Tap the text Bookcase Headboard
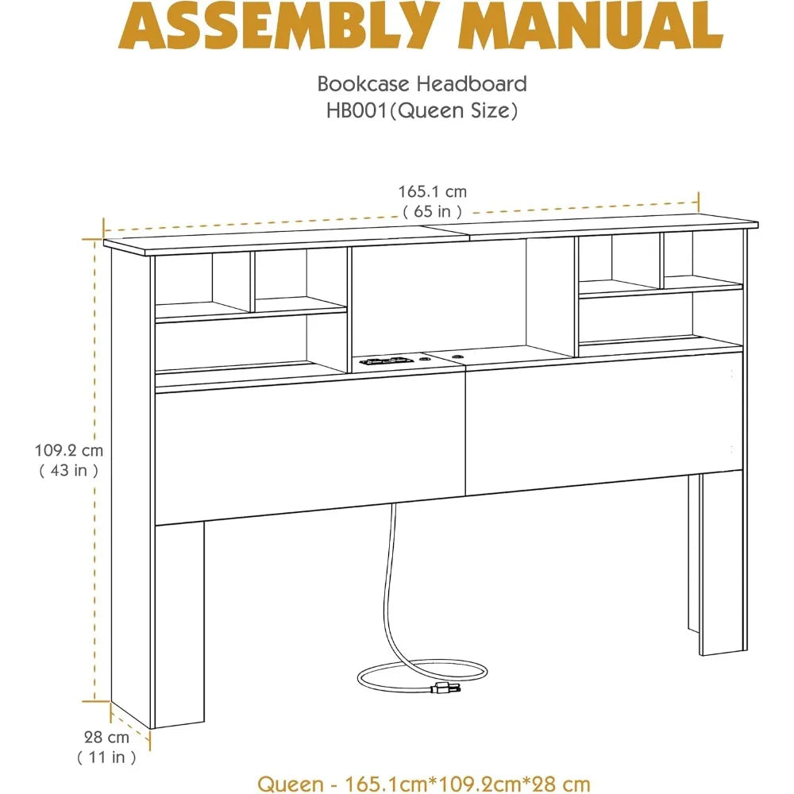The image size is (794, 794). coord(422,84)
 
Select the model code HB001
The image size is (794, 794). coord(357,110)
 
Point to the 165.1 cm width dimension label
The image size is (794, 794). coord(433,192)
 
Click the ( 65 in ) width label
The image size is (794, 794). coord(433,211)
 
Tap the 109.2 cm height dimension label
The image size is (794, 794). coord(69,450)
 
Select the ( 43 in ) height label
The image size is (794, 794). coord(69,470)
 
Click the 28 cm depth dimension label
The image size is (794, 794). coord(107,738)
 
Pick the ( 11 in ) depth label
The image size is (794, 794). coord(107,757)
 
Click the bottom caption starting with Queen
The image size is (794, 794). coord(424,784)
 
